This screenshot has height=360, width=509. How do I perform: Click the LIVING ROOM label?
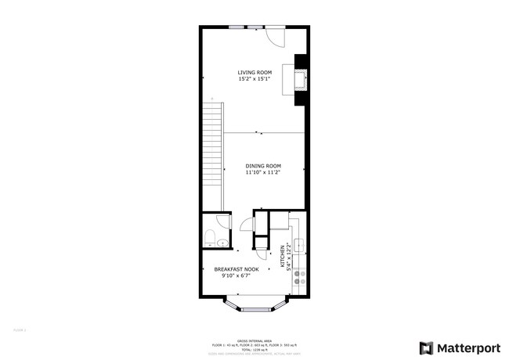point(254,73)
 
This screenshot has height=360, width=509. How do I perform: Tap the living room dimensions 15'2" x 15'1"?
point(254,79)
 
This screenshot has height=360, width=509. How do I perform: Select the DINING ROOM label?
point(263,166)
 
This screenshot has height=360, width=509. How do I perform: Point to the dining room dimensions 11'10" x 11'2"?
point(263,172)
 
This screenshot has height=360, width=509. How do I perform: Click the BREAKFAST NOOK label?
point(236,269)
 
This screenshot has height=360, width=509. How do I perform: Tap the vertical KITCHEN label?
point(283,257)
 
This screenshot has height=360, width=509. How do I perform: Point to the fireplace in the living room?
point(299,78)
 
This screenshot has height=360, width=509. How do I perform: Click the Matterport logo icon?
point(427,347)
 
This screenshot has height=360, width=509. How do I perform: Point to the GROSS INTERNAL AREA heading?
point(254,340)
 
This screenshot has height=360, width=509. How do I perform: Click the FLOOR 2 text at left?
point(20,331)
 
